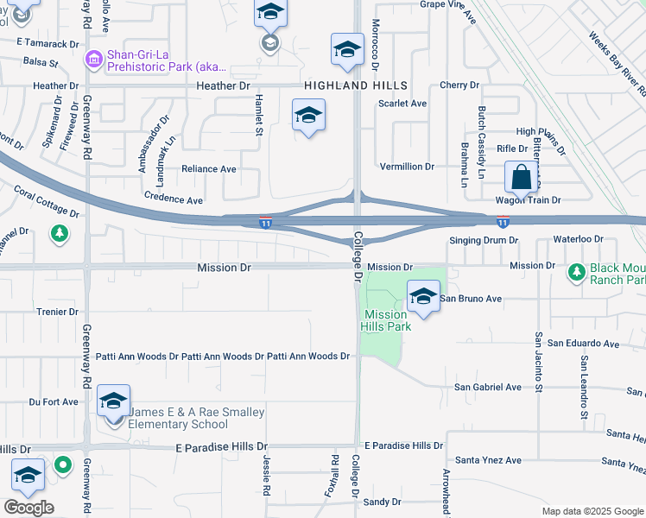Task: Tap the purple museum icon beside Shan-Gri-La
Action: pyautogui.click(x=93, y=59)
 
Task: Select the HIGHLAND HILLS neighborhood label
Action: pyautogui.click(x=355, y=86)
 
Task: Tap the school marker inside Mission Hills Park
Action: pyautogui.click(x=423, y=298)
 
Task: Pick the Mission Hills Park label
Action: pyautogui.click(x=385, y=320)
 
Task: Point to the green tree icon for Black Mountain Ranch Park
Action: pyautogui.click(x=576, y=273)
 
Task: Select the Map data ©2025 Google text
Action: pyautogui.click(x=592, y=511)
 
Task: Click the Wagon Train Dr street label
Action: pyautogui.click(x=529, y=200)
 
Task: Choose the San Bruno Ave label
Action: pyautogui.click(x=471, y=299)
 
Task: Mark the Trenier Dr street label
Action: pyautogui.click(x=58, y=312)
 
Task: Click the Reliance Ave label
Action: pyautogui.click(x=208, y=169)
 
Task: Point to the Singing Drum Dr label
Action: pyautogui.click(x=484, y=240)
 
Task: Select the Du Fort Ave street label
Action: pyautogui.click(x=54, y=401)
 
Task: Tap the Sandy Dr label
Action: pyautogui.click(x=383, y=502)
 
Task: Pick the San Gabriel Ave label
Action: pyautogui.click(x=488, y=387)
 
